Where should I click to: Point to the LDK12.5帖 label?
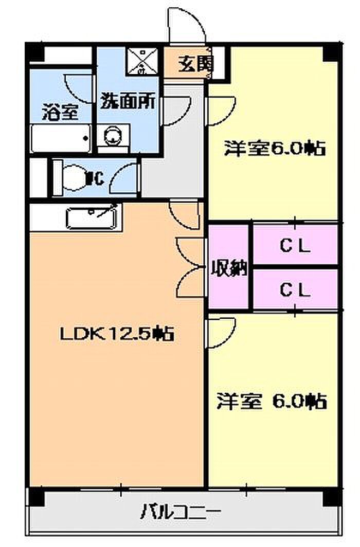tap(117, 335)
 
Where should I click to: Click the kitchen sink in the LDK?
tap(93, 217)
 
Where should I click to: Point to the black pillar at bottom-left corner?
tap(35, 497)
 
